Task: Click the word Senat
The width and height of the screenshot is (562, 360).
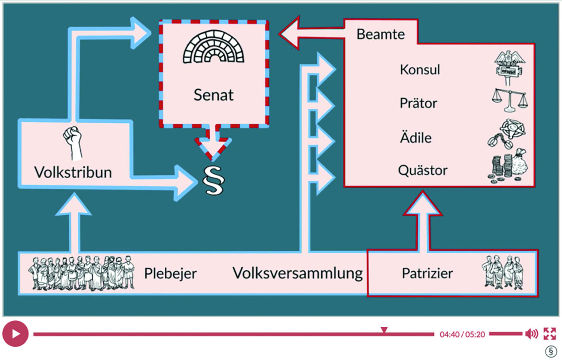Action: (214, 95)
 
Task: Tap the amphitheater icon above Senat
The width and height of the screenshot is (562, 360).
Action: (214, 50)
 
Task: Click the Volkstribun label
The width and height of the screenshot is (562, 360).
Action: (73, 172)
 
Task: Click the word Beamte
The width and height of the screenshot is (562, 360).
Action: (381, 34)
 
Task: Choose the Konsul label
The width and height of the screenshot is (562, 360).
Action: (420, 70)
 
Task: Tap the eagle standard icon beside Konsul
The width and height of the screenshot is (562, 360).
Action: (509, 67)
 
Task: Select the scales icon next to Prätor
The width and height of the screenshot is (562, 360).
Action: (509, 100)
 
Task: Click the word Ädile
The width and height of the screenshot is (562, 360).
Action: (415, 138)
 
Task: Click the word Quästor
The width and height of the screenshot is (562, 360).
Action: (422, 170)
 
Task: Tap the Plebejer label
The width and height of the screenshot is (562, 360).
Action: (170, 273)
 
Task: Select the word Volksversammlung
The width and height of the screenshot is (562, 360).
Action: (298, 273)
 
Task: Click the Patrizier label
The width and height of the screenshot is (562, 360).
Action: (428, 273)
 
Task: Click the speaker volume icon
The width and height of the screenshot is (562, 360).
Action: (532, 334)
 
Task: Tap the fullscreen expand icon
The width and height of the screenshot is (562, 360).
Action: (549, 334)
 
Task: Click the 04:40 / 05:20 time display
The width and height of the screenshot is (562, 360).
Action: (462, 334)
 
